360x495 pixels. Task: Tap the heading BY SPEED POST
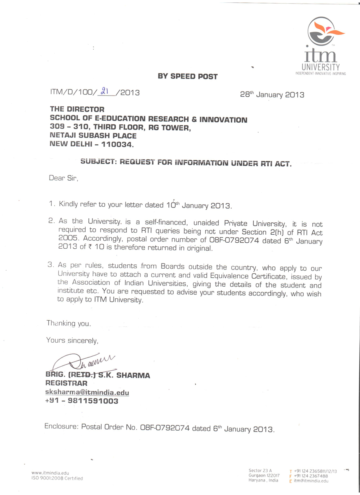188,76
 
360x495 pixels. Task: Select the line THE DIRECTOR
77,109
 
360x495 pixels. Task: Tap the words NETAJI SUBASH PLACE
93,136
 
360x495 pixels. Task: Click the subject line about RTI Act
186,163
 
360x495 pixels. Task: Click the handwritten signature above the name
86,362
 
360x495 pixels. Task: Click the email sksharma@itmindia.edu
87,393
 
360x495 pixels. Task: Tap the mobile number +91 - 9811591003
82,401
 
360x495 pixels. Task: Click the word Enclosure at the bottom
62,427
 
